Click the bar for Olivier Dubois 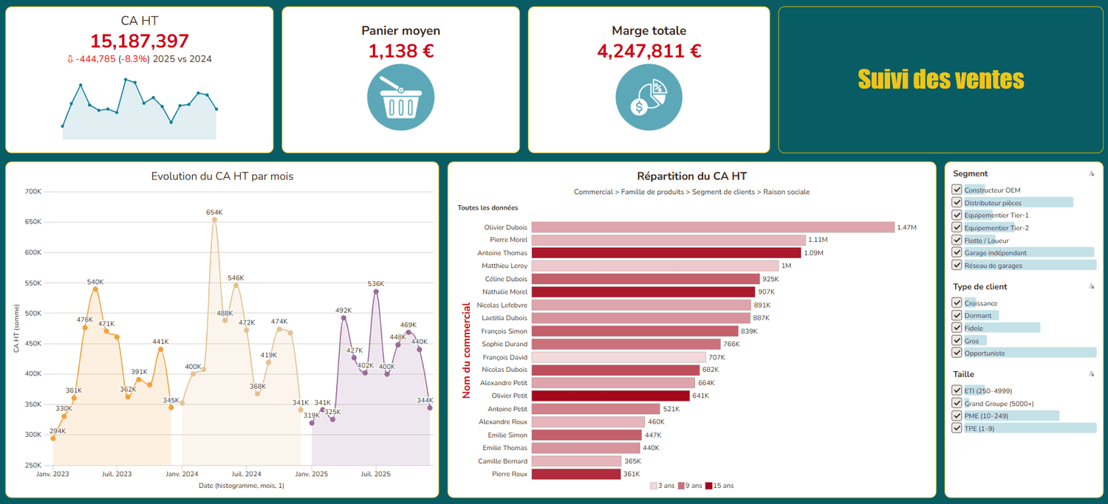click(713, 227)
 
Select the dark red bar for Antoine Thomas click(666, 253)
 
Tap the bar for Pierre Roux click(575, 474)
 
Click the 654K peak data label click(214, 213)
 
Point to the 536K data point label click(376, 283)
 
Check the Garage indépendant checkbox click(957, 252)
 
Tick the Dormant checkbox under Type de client click(957, 315)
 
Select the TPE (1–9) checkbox click(957, 428)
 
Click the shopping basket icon click(400, 97)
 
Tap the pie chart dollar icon click(649, 97)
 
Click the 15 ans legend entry click(719, 486)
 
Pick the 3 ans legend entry click(663, 486)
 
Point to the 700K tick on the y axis click(33, 191)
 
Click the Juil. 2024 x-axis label click(246, 474)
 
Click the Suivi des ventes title click(941, 80)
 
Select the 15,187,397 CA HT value click(140, 41)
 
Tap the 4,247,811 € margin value click(649, 51)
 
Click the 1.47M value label click(906, 227)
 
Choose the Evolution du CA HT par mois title click(222, 176)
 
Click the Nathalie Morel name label click(505, 292)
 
